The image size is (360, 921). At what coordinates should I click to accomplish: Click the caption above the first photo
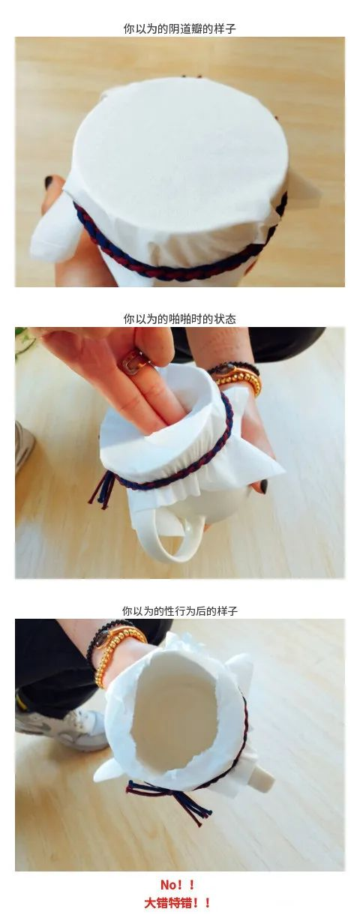[179, 28]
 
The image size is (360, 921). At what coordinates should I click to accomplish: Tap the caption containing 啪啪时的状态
[179, 319]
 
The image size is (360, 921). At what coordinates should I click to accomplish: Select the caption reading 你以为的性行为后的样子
[179, 610]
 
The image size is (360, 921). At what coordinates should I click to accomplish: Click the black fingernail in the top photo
[49, 181]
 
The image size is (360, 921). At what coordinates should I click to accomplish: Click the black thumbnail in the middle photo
[262, 485]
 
